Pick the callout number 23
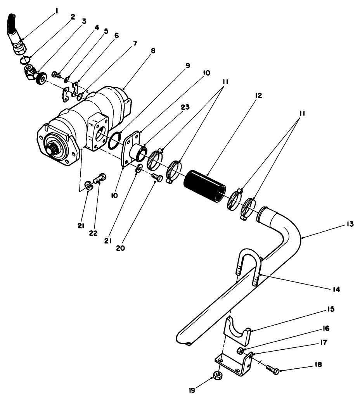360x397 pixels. [185, 107]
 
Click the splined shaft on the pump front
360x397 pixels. [54, 148]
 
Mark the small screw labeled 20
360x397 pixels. [157, 178]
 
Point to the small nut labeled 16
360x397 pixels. [241, 351]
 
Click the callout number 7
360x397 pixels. [135, 44]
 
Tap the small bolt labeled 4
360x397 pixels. [55, 74]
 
